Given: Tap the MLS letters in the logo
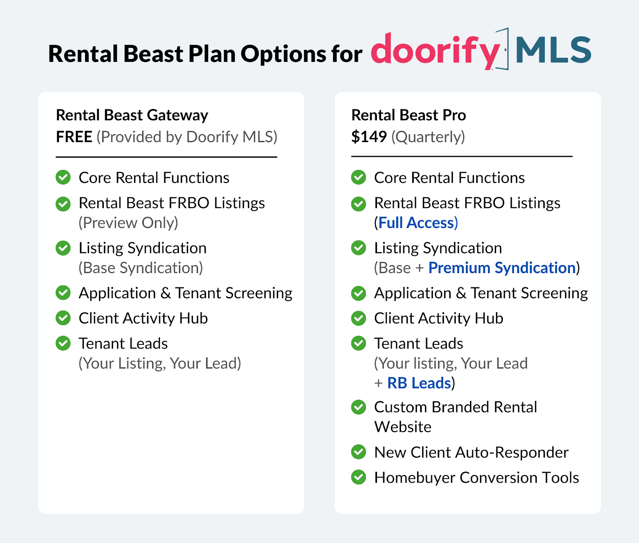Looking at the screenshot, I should tap(553, 50).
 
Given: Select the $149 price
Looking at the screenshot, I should tap(369, 137).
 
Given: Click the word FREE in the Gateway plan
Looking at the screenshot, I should tap(74, 137).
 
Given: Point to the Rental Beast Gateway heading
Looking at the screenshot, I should tap(132, 115).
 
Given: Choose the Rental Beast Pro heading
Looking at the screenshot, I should tap(408, 115).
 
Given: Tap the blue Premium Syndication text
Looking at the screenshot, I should tap(502, 268).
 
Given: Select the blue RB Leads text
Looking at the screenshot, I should tap(419, 383).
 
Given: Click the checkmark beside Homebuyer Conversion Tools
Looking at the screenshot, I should tap(359, 477).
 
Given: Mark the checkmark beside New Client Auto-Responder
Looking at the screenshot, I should tap(359, 452).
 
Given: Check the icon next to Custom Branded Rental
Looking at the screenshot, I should tap(359, 407).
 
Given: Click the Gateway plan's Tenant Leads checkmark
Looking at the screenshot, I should tap(63, 343).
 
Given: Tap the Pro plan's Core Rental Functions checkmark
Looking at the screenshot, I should tap(359, 177).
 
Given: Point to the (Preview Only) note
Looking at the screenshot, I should tap(128, 223).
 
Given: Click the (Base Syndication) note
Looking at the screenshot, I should tap(141, 268).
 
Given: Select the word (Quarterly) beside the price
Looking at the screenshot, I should tap(428, 137).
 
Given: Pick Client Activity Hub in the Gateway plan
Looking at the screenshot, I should tap(143, 318).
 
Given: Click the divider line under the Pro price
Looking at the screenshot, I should tap(462, 157).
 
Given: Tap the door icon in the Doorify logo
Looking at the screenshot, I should tap(504, 49).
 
